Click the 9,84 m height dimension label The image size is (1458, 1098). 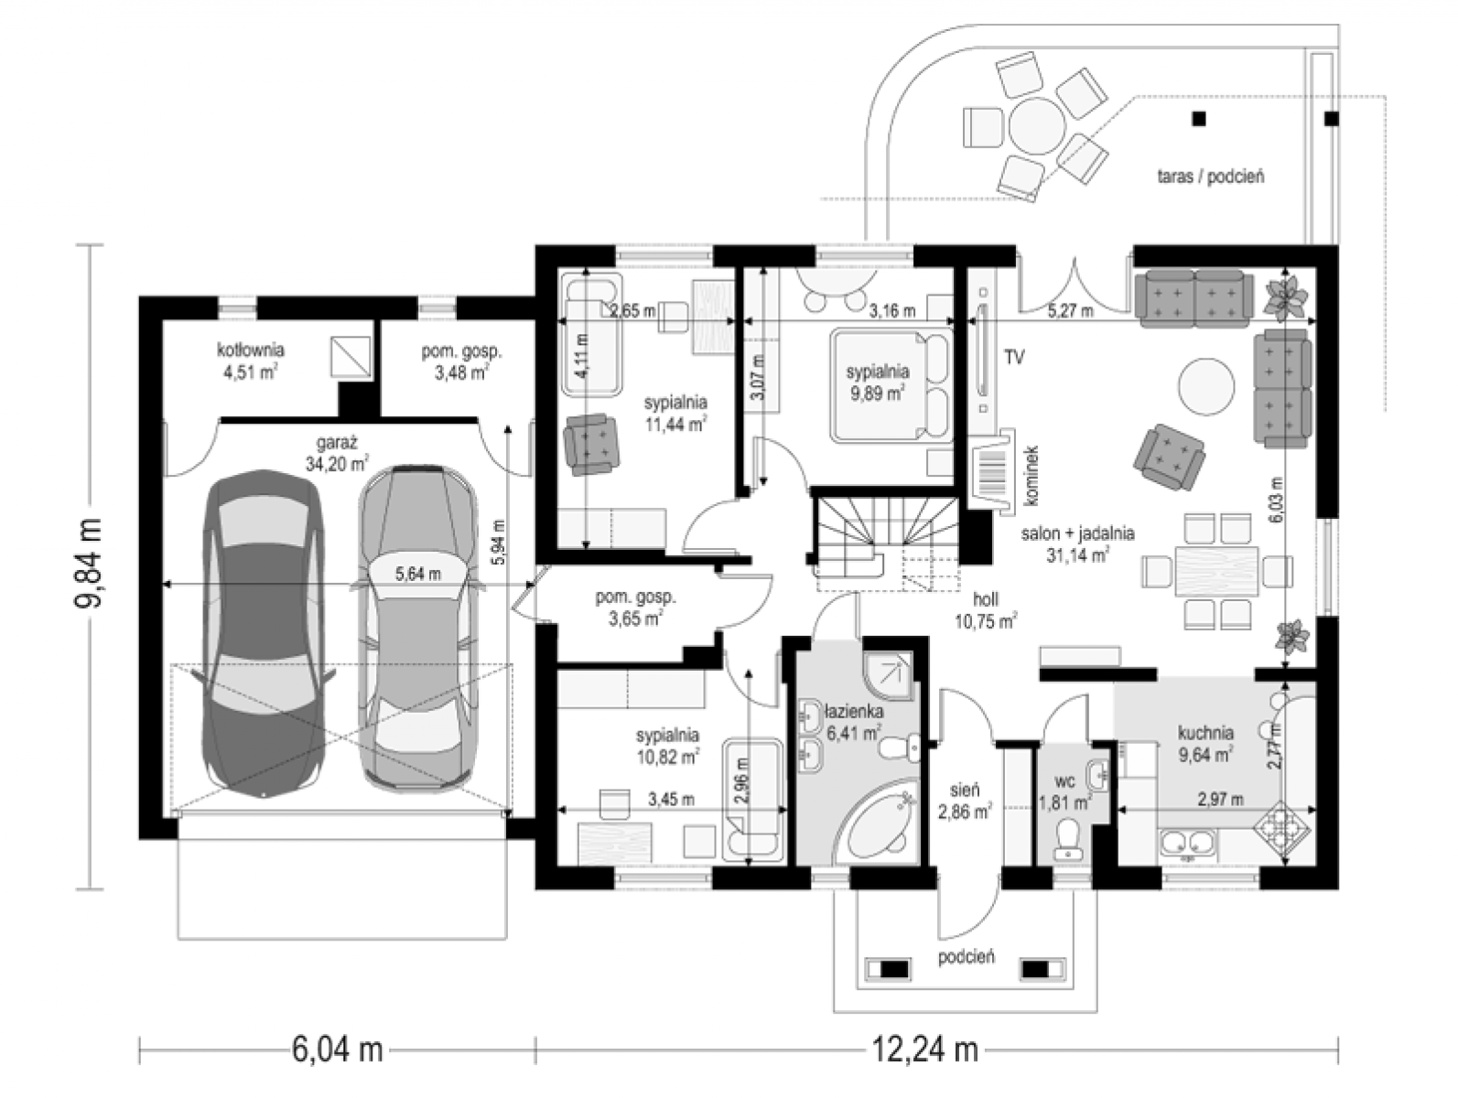tap(89, 563)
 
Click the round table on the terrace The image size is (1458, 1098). tap(1038, 126)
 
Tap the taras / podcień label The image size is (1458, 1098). tap(1210, 177)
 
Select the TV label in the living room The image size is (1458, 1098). tap(1013, 358)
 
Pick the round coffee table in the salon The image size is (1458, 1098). tap(1206, 386)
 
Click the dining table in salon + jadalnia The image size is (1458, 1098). tap(1216, 571)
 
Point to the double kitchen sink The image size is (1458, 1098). tap(1188, 843)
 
